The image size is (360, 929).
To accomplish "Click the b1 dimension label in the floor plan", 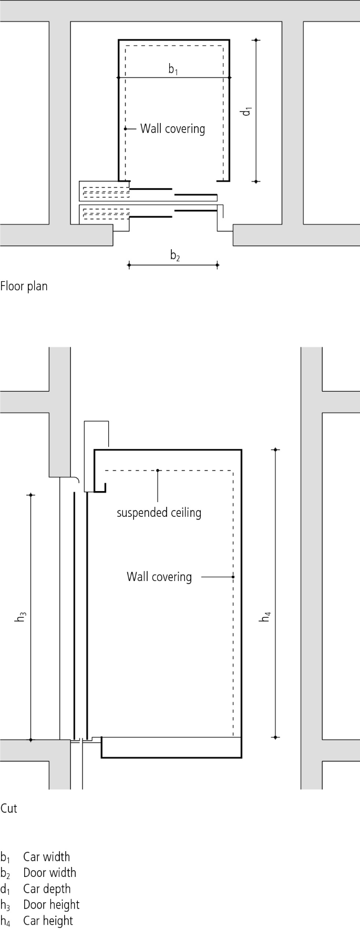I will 173,69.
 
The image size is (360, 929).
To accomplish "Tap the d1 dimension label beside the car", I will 246,111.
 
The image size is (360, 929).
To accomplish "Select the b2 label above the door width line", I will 175,256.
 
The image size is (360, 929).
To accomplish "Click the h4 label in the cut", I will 266,616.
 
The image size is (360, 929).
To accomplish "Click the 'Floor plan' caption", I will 24,287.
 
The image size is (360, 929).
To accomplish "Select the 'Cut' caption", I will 9,808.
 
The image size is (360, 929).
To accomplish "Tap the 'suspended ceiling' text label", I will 159,513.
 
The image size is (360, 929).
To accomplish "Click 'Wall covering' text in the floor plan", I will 172,129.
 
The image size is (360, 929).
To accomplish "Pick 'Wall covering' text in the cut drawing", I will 159,577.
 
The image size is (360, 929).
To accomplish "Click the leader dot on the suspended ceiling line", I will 158,470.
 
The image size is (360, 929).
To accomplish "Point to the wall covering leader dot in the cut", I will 233,577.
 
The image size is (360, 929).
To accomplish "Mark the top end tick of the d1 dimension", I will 256,40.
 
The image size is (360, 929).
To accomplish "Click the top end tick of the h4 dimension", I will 276,450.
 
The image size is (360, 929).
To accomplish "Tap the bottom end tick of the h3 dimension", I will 31,740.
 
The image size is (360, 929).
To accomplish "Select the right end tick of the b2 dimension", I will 217,265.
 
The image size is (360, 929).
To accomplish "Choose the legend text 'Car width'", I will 46,857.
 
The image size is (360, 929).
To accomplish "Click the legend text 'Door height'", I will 51,905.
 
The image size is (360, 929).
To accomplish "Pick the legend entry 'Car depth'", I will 46,889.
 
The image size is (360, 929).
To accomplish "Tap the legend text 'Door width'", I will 49,873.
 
